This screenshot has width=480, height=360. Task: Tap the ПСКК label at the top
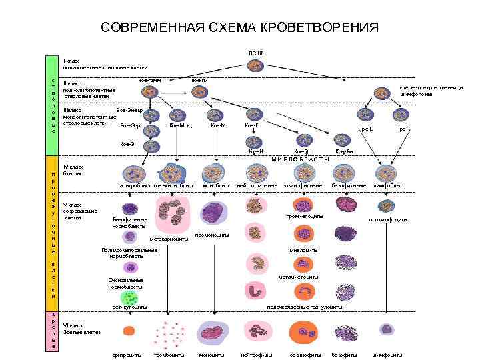point(256,51)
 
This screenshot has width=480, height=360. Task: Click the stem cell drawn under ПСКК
point(256,65)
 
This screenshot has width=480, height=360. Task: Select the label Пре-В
point(365,129)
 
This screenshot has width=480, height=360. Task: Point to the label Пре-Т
point(403,129)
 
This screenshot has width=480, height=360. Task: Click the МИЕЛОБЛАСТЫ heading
point(301,159)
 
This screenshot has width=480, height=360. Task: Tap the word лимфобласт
point(389,185)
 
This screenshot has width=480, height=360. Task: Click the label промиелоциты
point(305,216)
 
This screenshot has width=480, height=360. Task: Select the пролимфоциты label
point(389,220)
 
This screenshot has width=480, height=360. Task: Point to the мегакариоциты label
point(169,239)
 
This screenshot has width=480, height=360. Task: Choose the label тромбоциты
point(169,354)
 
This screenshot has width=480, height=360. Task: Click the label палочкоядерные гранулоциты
point(305,307)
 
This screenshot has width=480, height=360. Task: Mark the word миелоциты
point(303,250)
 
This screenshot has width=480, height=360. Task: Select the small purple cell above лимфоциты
point(387,329)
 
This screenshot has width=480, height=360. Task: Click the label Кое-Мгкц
point(181,125)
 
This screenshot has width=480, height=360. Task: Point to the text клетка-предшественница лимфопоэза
point(427,91)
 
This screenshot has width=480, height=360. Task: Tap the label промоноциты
point(212,235)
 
